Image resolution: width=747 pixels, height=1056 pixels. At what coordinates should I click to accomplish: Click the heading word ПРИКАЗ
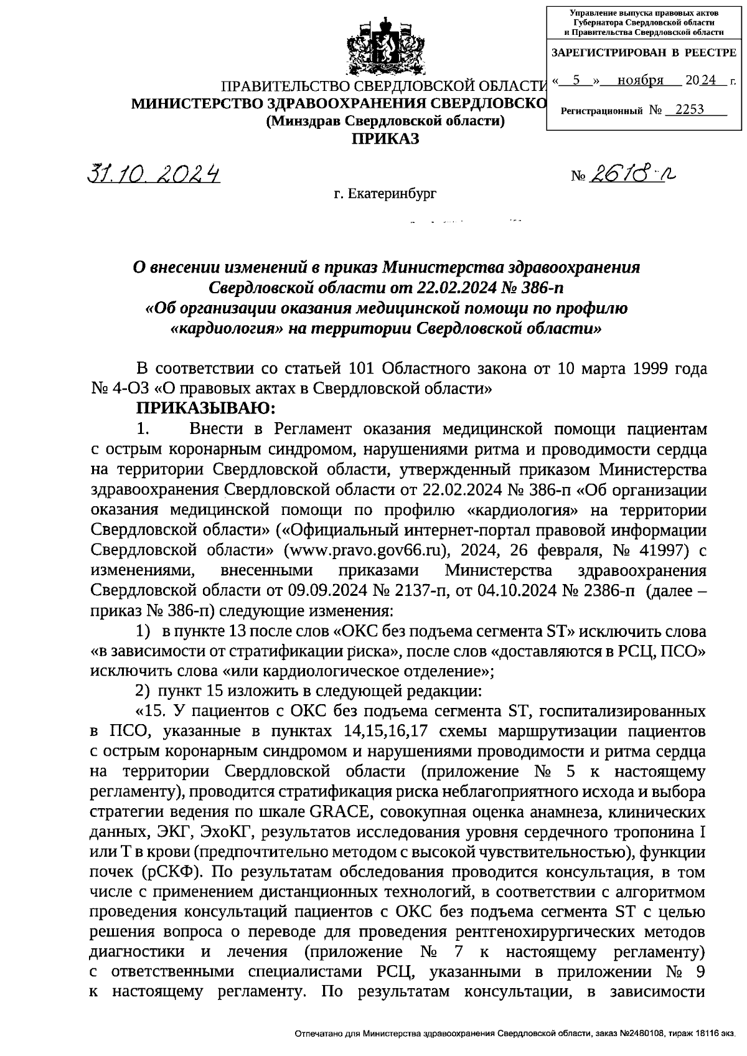(x=385, y=138)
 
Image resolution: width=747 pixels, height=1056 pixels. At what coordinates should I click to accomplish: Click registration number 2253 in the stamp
(x=689, y=110)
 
